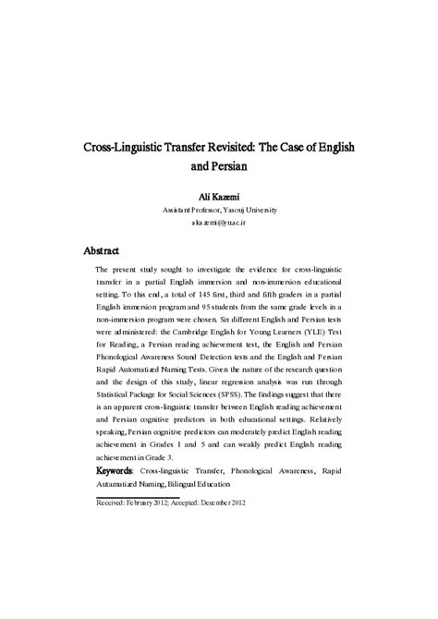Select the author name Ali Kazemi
coord(219,196)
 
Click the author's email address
coord(219,224)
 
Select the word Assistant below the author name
coord(181,210)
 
